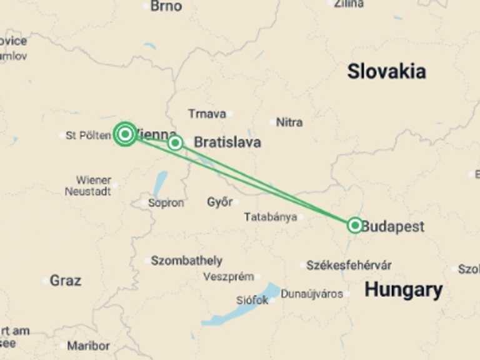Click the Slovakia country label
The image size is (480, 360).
coord(386,71)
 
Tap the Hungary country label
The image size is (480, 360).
coord(403,290)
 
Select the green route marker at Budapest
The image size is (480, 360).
coord(355,225)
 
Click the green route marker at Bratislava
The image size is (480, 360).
coord(175,142)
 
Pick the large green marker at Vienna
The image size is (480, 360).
coord(125,134)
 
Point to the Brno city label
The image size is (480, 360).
coord(166,6)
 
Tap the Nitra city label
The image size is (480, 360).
coord(289,122)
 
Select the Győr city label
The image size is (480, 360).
coord(219,202)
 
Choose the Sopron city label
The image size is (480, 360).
coord(166,203)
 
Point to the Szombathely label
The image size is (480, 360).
coord(186,261)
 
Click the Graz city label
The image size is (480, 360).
coord(65,281)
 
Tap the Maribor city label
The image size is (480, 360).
coord(88,346)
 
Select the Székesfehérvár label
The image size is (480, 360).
coord(349,265)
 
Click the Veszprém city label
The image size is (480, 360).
coord(228,276)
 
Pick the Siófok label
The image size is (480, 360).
coord(252,300)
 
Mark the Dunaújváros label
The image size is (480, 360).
coord(312,294)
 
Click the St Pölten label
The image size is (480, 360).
coord(88,135)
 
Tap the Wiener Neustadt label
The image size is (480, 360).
coord(88,186)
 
